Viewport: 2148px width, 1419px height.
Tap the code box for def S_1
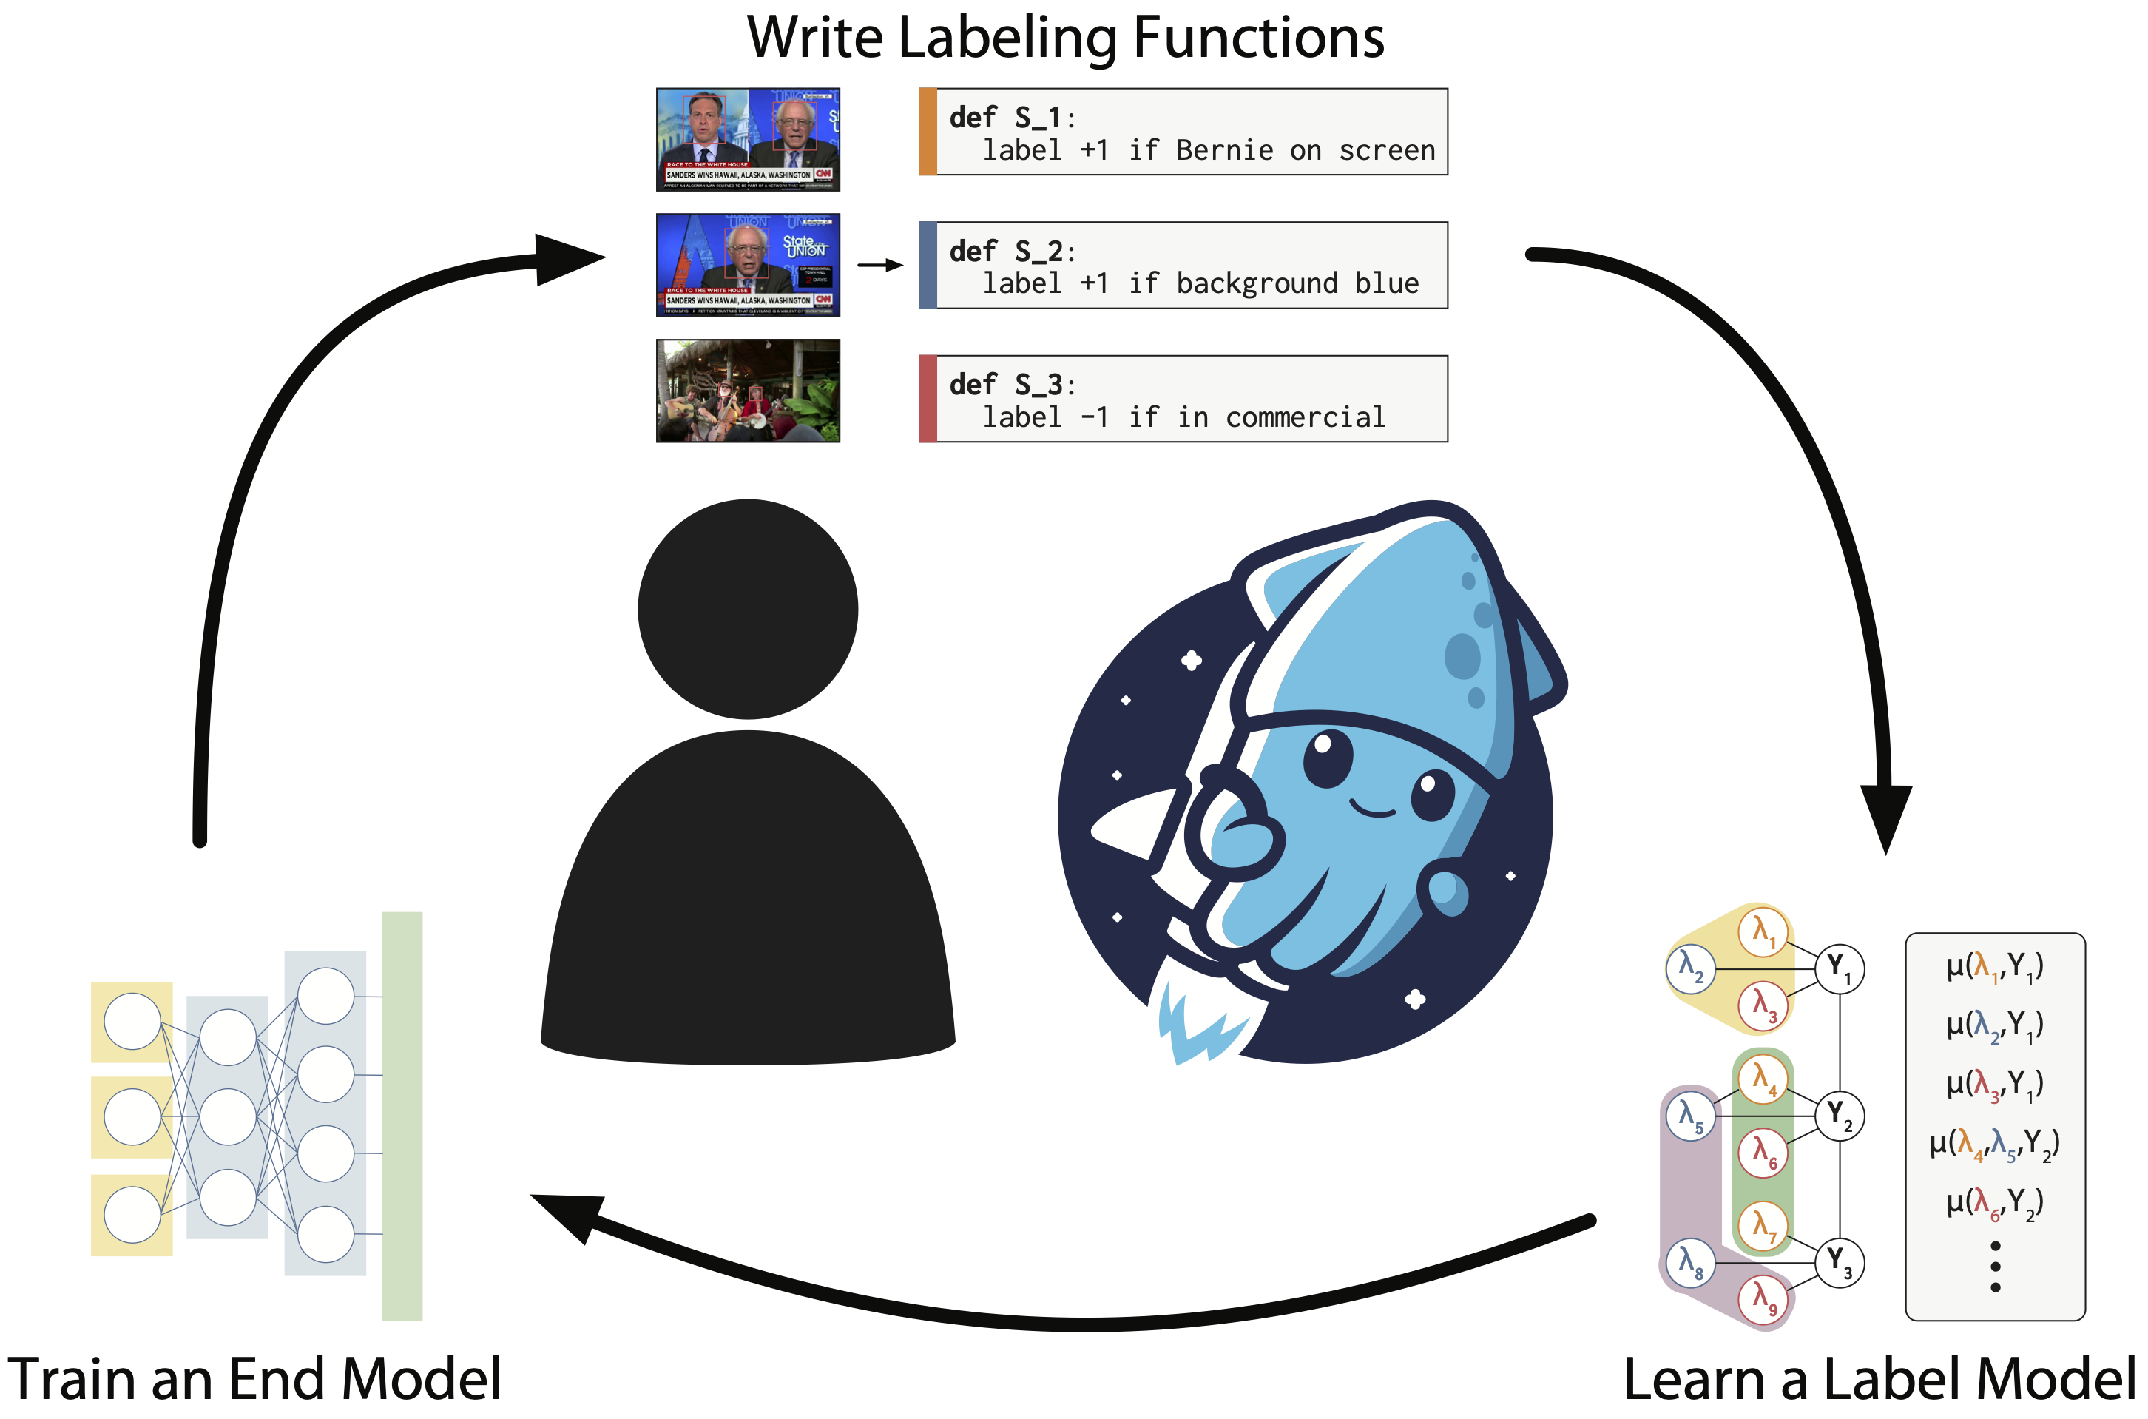pyautogui.click(x=1183, y=132)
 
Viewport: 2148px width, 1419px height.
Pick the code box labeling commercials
pyautogui.click(x=1183, y=399)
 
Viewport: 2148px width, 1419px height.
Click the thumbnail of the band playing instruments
pyautogui.click(x=747, y=391)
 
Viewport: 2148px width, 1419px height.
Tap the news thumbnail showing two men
pyautogui.click(x=747, y=139)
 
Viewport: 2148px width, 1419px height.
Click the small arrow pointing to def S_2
pyautogui.click(x=879, y=265)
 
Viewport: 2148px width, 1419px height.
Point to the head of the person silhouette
pyautogui.click(x=747, y=609)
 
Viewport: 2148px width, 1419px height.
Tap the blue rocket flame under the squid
pyautogui.click(x=1199, y=1027)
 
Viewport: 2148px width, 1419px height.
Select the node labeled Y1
pyautogui.click(x=1839, y=968)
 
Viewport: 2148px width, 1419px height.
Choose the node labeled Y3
pyautogui.click(x=1839, y=1261)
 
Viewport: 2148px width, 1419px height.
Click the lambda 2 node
pyautogui.click(x=1690, y=968)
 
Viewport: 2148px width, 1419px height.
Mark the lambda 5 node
pyautogui.click(x=1690, y=1116)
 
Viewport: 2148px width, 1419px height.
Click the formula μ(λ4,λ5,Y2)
pyautogui.click(x=1994, y=1144)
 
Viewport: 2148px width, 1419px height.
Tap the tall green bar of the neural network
pyautogui.click(x=402, y=1116)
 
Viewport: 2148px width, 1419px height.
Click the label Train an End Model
pyautogui.click(x=254, y=1379)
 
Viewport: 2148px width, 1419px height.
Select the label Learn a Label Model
pyautogui.click(x=1879, y=1379)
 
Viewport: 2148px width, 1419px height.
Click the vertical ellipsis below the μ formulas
pyautogui.click(x=1995, y=1267)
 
